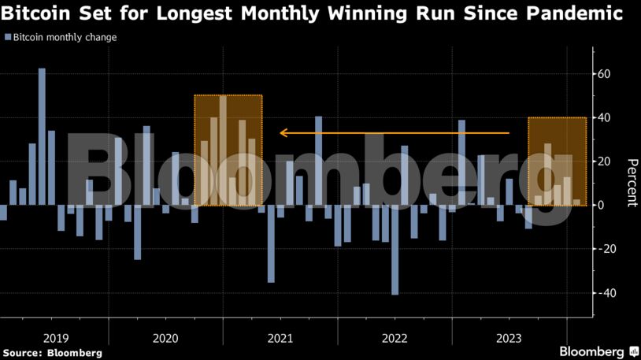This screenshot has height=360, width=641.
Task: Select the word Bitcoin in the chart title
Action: (x=35, y=13)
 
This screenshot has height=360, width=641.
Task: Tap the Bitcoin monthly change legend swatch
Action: (x=7, y=37)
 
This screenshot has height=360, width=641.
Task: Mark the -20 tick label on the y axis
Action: (x=607, y=249)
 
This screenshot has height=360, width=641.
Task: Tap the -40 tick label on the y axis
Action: (x=607, y=293)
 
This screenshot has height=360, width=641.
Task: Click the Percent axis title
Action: (x=632, y=182)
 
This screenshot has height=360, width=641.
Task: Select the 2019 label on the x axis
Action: (x=56, y=339)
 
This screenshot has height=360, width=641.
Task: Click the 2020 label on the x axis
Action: (x=165, y=339)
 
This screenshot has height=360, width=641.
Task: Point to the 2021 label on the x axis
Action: (x=280, y=339)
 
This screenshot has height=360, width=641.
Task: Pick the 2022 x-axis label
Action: (x=395, y=339)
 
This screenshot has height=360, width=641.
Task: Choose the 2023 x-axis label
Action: (x=509, y=339)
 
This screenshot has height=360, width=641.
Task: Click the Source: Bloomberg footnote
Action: (x=52, y=353)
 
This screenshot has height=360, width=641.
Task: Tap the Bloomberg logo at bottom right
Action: (x=598, y=351)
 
